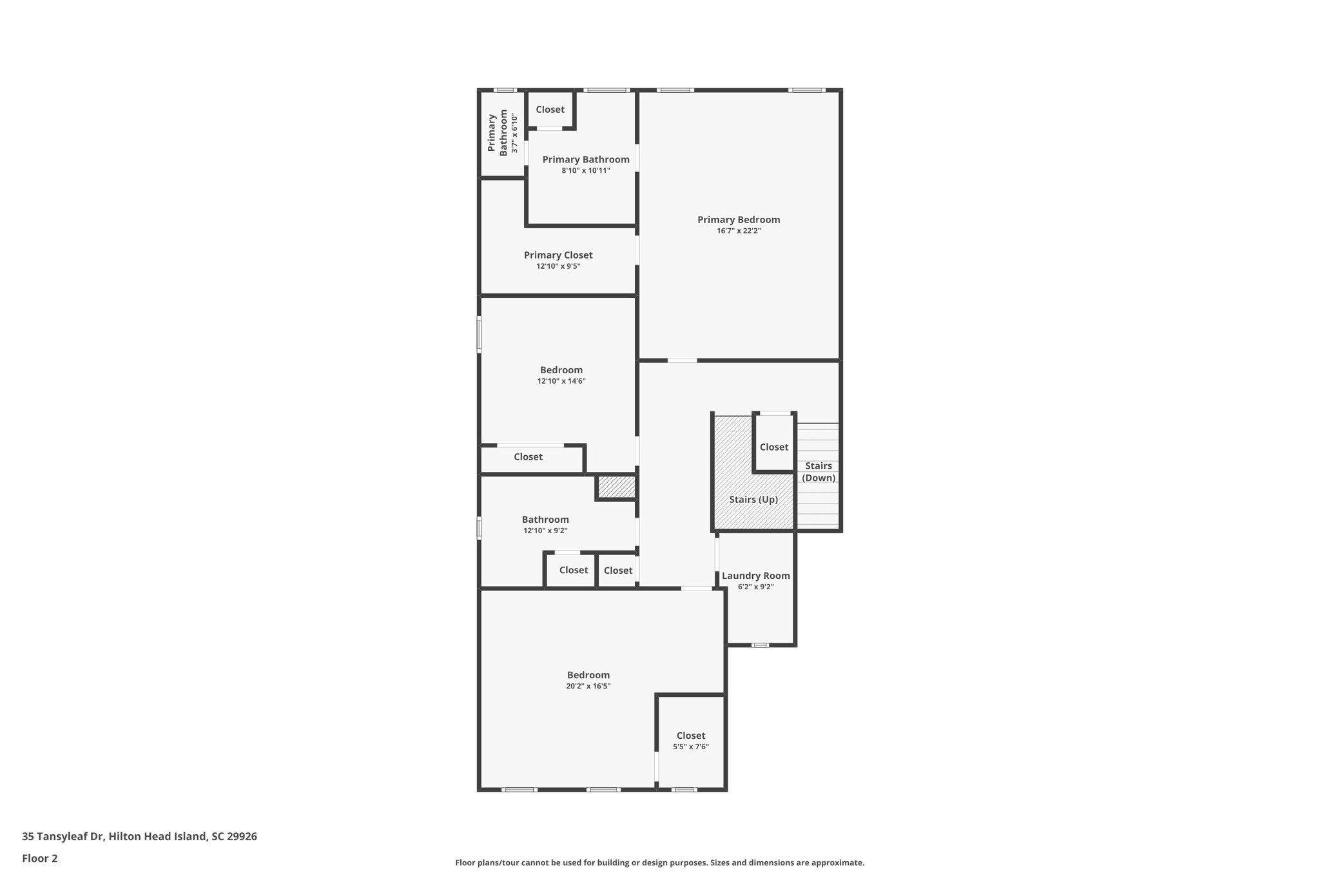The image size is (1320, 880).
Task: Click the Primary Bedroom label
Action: coord(738,220)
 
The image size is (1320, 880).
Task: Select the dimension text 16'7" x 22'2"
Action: coord(738,231)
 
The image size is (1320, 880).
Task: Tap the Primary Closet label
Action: coord(558,255)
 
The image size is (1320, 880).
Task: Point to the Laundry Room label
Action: coord(755,576)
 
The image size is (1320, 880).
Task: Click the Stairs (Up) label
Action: coord(753,500)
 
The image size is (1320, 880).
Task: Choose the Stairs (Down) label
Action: coord(819,471)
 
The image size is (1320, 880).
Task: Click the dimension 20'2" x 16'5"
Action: coord(588,687)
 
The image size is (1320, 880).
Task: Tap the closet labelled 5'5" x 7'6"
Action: coord(690,741)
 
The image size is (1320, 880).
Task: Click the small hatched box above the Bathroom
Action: coord(616,487)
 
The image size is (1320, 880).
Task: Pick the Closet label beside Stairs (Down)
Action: coord(773,447)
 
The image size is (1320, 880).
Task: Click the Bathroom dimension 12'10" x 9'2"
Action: coord(545,531)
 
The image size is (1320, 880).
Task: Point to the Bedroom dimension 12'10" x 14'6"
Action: coord(561,381)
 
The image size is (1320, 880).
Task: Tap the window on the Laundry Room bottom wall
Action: coord(760,645)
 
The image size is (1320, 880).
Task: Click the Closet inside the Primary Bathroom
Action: coord(550,110)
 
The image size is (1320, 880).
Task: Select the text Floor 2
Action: coord(39,858)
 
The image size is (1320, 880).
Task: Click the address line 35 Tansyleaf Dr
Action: coord(139,837)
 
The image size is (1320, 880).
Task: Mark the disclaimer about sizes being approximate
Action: coord(659,863)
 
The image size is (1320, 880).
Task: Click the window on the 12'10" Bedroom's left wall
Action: coord(479,334)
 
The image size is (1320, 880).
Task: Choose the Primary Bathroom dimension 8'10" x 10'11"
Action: coord(585,171)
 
